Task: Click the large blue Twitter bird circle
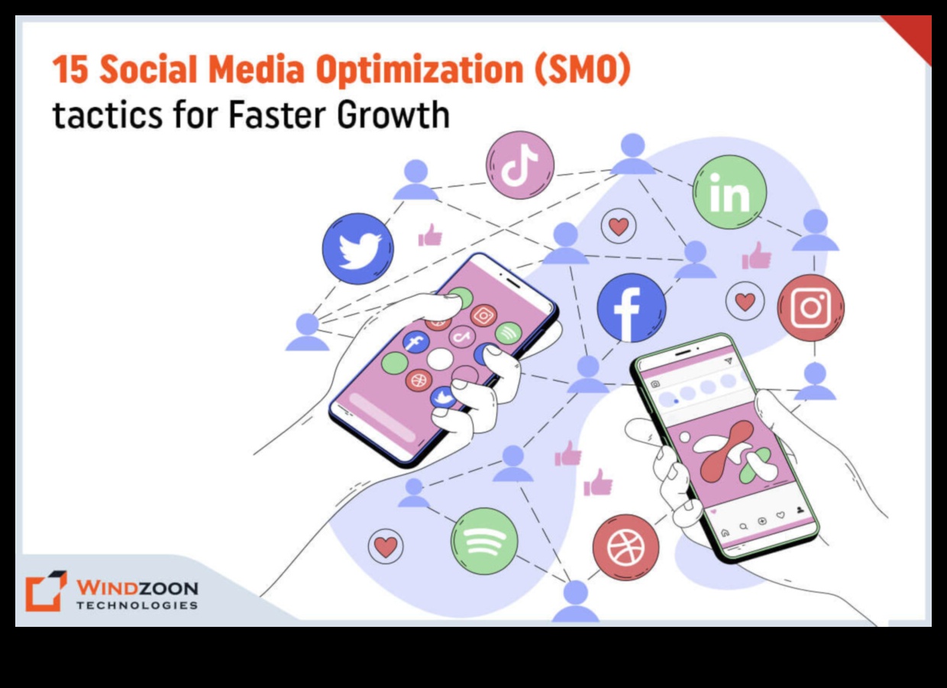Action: (x=357, y=248)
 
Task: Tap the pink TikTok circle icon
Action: (x=519, y=164)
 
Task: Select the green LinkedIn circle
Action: (x=729, y=192)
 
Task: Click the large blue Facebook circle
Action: (x=631, y=307)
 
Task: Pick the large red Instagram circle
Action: (x=810, y=307)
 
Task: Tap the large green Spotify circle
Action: (x=484, y=540)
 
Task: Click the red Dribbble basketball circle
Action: (x=625, y=547)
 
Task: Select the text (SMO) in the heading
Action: (x=583, y=70)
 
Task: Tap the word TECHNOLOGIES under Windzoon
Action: (x=137, y=605)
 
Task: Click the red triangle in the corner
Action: (x=913, y=34)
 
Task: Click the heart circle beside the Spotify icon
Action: (x=386, y=547)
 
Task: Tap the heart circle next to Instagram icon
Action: (x=745, y=301)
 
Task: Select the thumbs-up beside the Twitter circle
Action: (x=430, y=235)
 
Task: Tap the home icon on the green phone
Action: (x=725, y=532)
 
